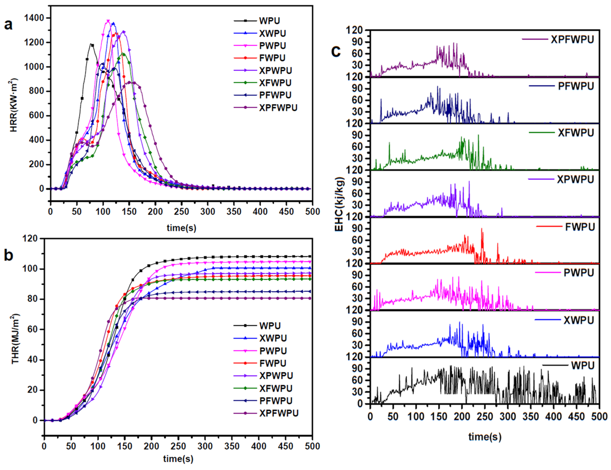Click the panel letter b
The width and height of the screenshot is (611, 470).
click(x=8, y=255)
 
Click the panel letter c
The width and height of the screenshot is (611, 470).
click(x=336, y=51)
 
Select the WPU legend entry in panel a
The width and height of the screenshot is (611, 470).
click(x=269, y=21)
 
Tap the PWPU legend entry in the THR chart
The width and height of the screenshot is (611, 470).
click(x=273, y=351)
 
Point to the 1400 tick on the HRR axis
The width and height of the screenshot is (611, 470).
click(x=34, y=18)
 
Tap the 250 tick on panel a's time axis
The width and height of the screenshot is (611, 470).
click(x=182, y=212)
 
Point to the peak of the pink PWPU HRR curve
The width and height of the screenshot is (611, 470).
click(x=108, y=21)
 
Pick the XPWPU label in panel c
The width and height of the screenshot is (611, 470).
click(x=575, y=179)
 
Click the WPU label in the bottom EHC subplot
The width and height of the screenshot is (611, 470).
click(x=583, y=365)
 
